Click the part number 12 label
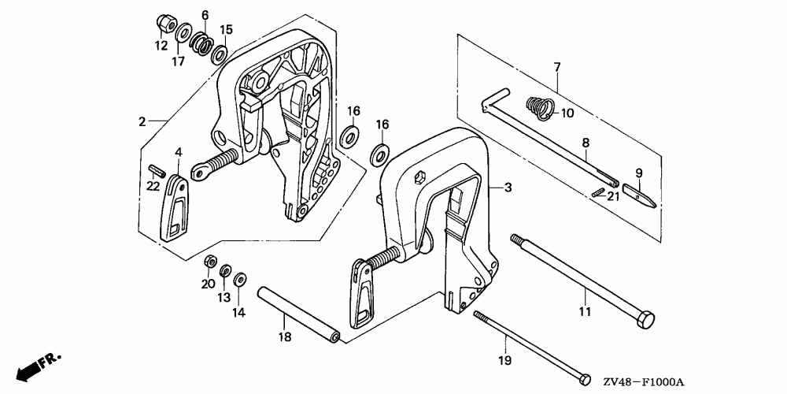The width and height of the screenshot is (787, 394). tap(161, 46)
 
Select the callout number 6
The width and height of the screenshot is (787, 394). tap(205, 15)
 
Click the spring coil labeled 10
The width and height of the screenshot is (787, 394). tap(538, 106)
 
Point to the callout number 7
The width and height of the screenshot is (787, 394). tap(556, 68)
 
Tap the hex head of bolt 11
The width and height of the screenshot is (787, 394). tap(644, 322)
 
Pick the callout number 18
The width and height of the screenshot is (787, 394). tap(285, 336)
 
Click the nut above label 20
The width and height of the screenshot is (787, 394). tap(209, 261)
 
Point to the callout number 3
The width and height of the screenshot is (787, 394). tap(508, 188)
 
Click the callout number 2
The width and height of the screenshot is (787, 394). tap(142, 121)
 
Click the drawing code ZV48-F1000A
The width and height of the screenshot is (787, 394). tap(731, 379)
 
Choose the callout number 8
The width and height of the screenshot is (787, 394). tap(586, 143)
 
